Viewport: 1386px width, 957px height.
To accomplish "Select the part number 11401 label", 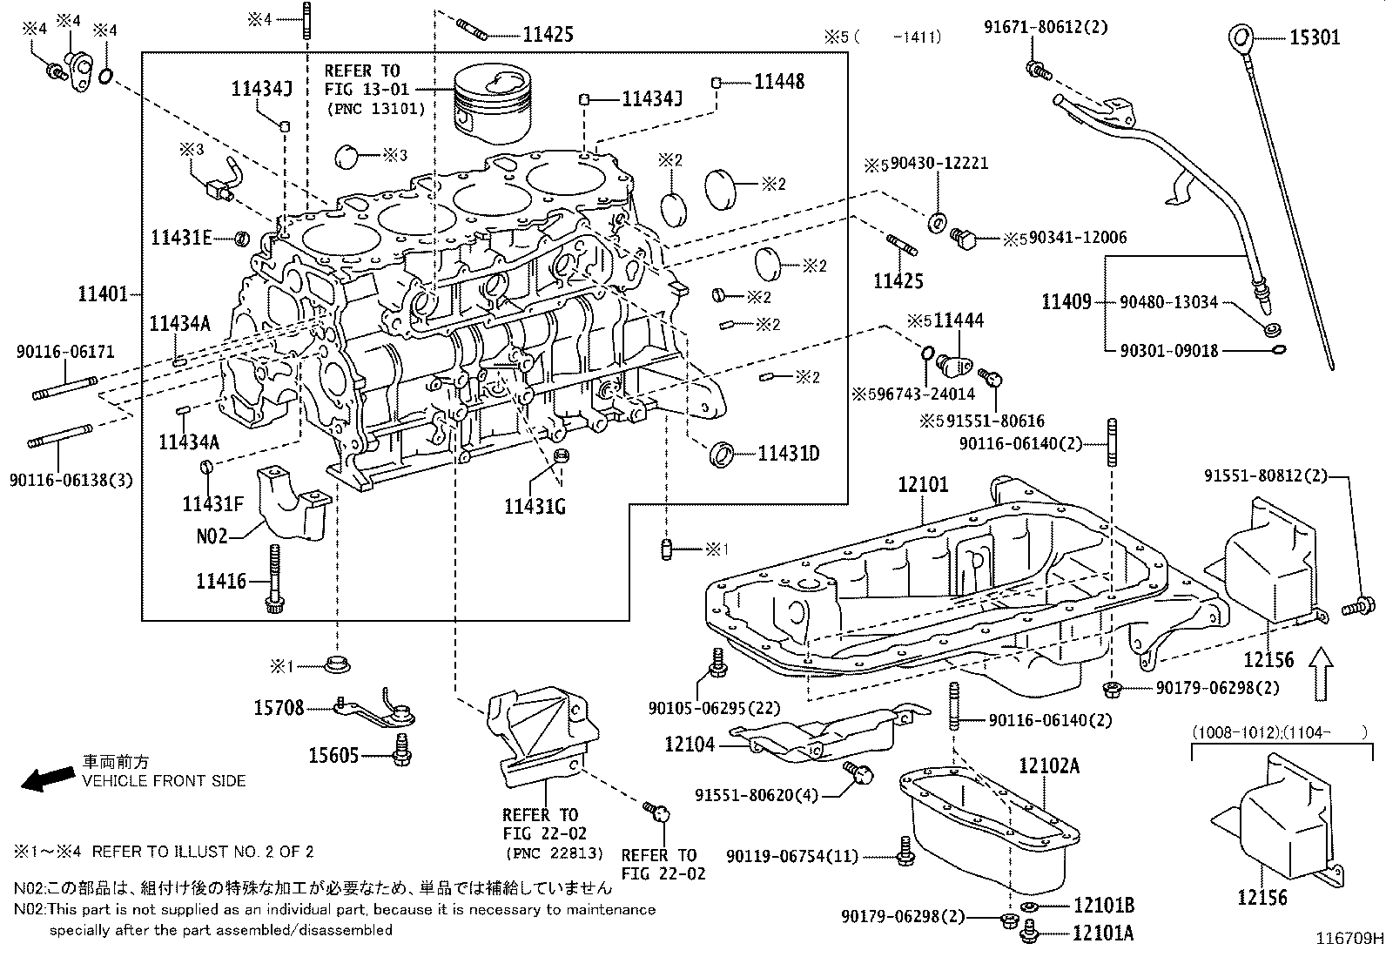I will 103,294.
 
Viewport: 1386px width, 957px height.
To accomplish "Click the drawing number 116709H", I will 1349,939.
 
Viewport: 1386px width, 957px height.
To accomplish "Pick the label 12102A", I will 1048,765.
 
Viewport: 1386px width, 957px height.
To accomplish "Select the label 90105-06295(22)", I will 714,709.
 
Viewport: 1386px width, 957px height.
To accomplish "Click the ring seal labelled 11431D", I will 723,454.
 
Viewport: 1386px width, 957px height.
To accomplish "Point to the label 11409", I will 1066,302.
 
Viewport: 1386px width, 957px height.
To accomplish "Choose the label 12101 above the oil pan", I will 923,485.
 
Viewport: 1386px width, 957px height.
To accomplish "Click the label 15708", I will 279,708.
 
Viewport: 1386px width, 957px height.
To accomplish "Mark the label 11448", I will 779,82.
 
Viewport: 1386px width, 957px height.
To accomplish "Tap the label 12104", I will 690,744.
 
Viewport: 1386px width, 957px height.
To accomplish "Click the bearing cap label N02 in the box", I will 211,536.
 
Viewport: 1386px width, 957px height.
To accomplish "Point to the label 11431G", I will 535,505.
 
